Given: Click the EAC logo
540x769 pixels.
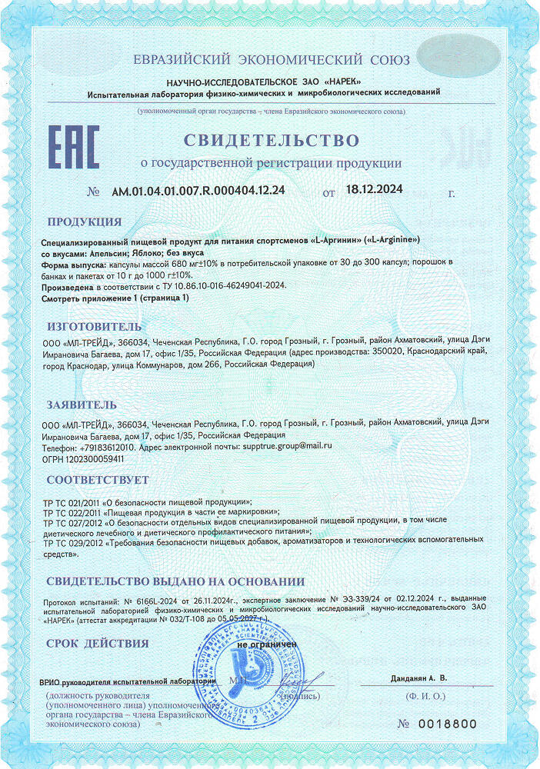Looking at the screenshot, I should click(x=75, y=148).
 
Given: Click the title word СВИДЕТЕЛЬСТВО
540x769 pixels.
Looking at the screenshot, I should click(x=271, y=141).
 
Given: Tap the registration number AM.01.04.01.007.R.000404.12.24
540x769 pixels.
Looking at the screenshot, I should click(x=198, y=191).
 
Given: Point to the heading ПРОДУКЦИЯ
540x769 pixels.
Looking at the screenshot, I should click(x=85, y=222).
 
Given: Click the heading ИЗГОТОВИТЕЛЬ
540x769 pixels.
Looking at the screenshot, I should click(x=95, y=325).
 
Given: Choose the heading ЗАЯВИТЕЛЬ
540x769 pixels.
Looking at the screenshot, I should click(x=82, y=404).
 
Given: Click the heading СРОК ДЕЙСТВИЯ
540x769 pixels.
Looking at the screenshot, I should click(x=97, y=643).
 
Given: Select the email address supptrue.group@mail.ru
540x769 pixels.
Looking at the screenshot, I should click(x=286, y=446).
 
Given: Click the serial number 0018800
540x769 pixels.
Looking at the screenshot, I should click(x=448, y=724).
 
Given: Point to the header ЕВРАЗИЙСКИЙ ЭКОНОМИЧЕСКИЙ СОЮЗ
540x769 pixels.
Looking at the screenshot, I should click(x=271, y=60).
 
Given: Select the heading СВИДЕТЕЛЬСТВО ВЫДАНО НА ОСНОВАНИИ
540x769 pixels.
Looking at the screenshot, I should click(x=175, y=581).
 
